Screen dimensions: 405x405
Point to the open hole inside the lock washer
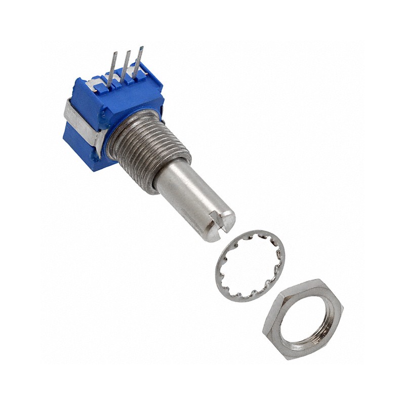(x=250, y=266)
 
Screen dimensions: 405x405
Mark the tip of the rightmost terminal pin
(x=141, y=49)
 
